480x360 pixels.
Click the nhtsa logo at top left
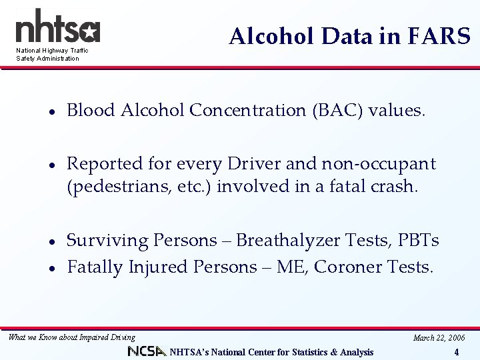coord(57,27)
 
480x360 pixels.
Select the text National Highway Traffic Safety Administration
coord(52,55)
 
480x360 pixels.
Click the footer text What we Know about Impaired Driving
coord(71,337)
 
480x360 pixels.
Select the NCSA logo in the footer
coord(147,351)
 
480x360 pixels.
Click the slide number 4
coord(456,352)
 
